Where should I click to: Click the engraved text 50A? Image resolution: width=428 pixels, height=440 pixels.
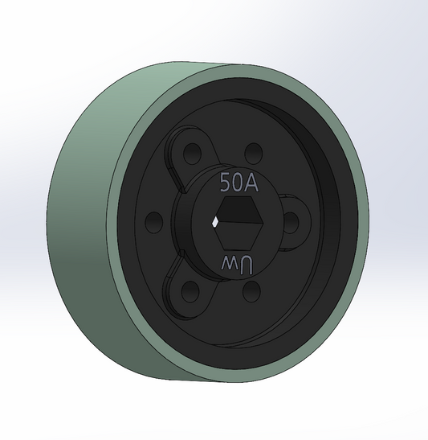pyautogui.click(x=238, y=183)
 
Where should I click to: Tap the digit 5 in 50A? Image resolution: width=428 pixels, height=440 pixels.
pyautogui.click(x=226, y=183)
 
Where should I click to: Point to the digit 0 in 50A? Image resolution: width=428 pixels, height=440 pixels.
pyautogui.click(x=238, y=183)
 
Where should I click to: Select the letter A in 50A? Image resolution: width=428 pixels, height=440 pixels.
pyautogui.click(x=251, y=183)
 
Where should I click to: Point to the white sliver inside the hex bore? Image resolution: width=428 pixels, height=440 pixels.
pyautogui.click(x=218, y=220)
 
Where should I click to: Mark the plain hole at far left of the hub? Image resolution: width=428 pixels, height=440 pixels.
pyautogui.click(x=152, y=220)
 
